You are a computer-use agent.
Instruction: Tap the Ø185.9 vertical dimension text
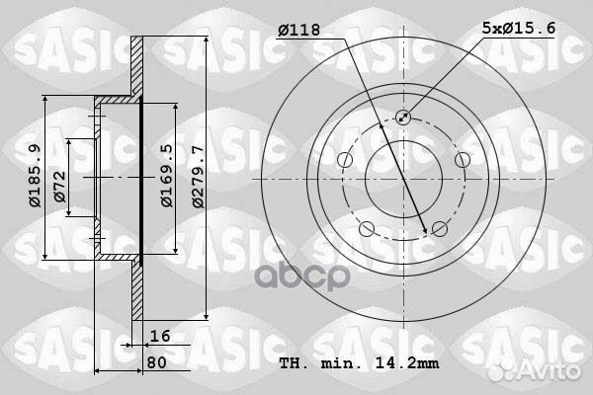[x=34, y=177]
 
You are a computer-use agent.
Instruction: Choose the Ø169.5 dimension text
[x=167, y=176]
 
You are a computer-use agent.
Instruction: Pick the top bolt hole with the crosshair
[x=403, y=118]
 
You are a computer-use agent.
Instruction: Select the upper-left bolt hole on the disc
[x=344, y=160]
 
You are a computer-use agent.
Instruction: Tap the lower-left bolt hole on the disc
[x=366, y=229]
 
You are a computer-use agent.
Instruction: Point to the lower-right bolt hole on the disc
[x=439, y=229]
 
